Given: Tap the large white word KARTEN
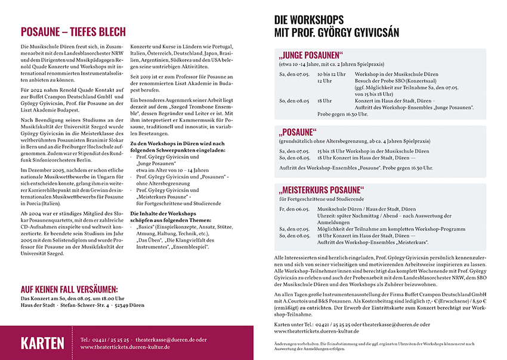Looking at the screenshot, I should tap(42, 343).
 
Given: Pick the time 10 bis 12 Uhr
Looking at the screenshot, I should tap(332, 74).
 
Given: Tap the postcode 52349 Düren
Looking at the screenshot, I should tap(131, 304).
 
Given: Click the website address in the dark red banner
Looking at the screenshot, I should tap(125, 346).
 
